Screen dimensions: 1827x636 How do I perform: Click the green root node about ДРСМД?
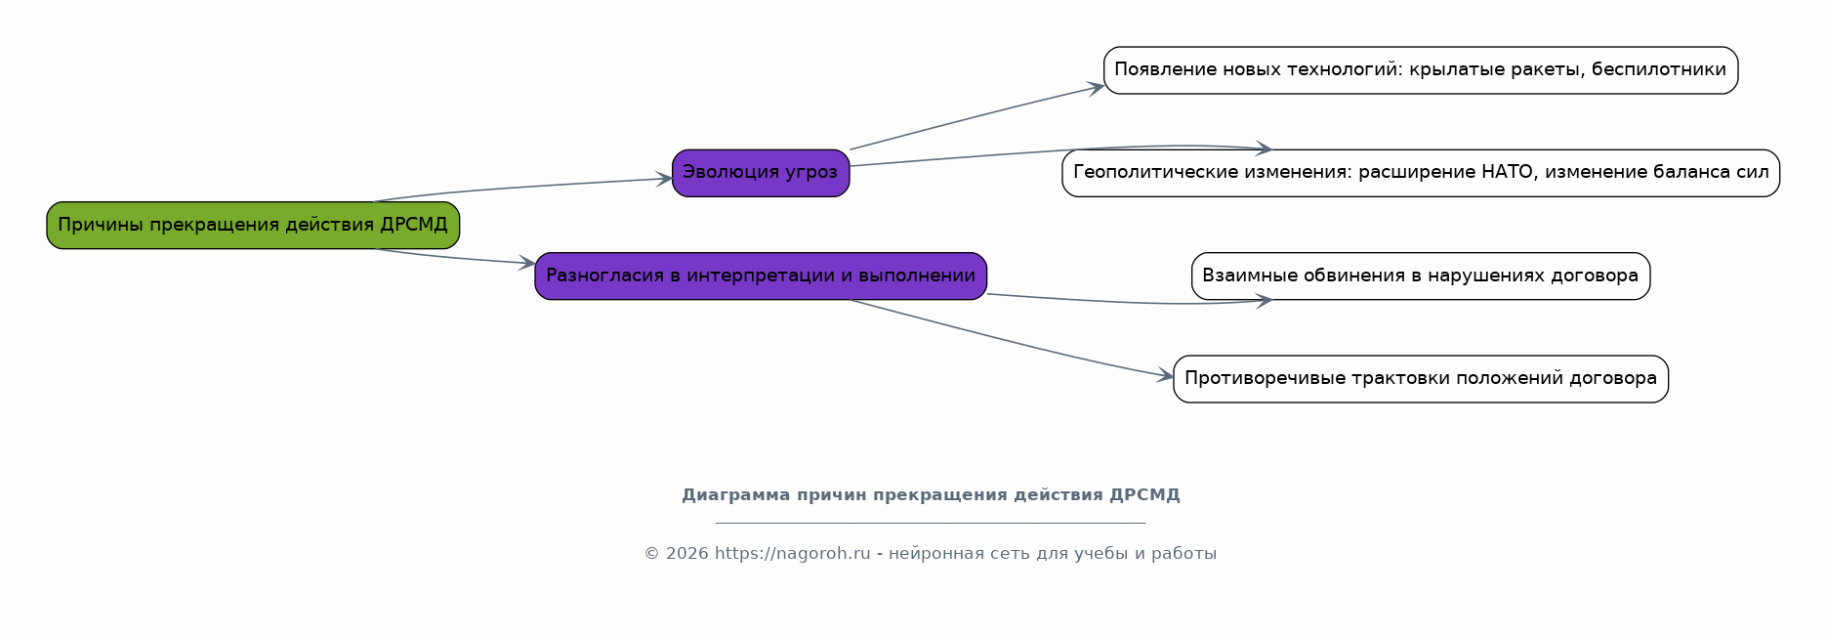pyautogui.click(x=253, y=226)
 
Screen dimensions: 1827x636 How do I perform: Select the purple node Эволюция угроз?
pyautogui.click(x=761, y=173)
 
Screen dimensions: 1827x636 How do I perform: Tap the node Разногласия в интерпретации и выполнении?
pyautogui.click(x=761, y=276)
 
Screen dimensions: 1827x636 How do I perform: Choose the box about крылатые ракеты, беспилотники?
pyautogui.click(x=1421, y=70)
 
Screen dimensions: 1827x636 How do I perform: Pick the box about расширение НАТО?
pyautogui.click(x=1421, y=173)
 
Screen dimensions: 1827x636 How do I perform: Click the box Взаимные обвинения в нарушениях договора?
pyautogui.click(x=1421, y=276)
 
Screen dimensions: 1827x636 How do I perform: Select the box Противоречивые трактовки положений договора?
pyautogui.click(x=1421, y=379)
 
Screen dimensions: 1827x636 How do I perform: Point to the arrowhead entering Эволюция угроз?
pyautogui.click(x=665, y=179)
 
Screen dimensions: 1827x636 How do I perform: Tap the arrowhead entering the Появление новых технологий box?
pyautogui.click(x=1097, y=88)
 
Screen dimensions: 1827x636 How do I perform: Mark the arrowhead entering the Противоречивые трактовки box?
pyautogui.click(x=1166, y=376)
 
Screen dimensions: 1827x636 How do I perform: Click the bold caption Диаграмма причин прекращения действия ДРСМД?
pyautogui.click(x=931, y=495)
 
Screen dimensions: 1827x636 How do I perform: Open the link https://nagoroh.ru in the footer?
pyautogui.click(x=792, y=554)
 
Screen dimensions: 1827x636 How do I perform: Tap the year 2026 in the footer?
pyautogui.click(x=686, y=554)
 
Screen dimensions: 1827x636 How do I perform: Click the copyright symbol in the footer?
pyautogui.click(x=652, y=554)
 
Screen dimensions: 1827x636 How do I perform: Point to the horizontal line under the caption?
pyautogui.click(x=931, y=523)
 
